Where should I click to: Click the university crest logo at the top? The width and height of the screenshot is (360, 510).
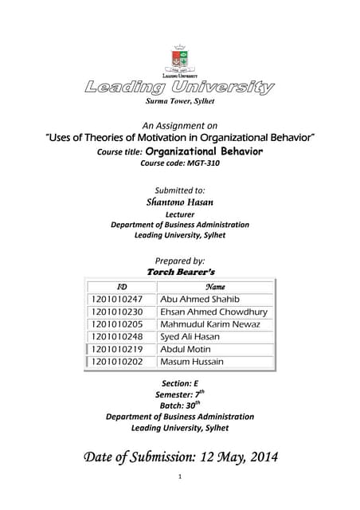pos(179,60)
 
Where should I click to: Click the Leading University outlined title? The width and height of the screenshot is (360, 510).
pos(179,87)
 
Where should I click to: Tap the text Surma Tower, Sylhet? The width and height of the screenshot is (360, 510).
pos(179,103)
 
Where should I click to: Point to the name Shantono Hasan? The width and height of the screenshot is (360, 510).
pos(179,202)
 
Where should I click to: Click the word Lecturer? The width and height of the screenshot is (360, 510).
pos(179,214)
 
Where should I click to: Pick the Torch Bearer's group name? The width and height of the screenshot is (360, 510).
pos(181,272)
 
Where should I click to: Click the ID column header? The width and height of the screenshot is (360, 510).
pos(122,285)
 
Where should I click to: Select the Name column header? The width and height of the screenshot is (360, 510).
pos(215,285)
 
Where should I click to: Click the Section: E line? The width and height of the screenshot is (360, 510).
pos(179,383)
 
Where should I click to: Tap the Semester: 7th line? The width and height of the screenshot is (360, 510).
pos(179,394)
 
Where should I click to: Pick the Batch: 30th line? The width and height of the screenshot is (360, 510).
pos(179,406)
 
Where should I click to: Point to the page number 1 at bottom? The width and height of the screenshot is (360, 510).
pos(180,477)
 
